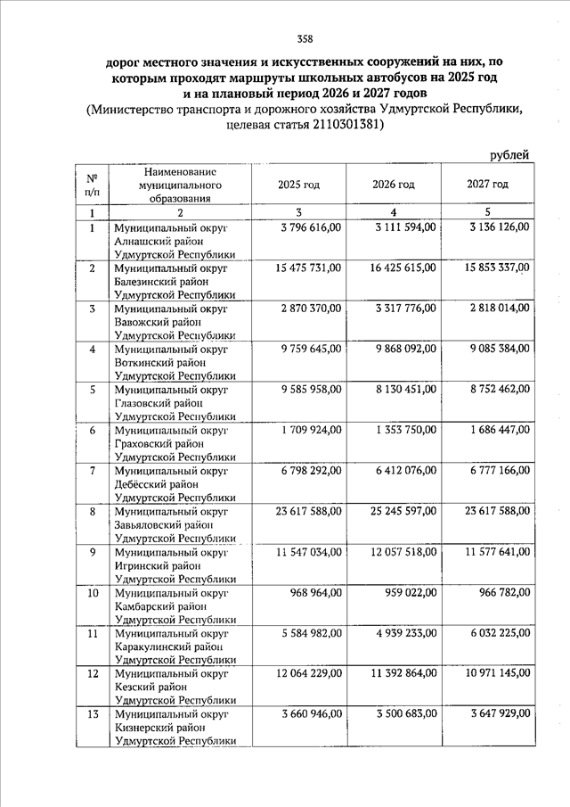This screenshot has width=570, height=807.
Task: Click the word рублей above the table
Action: tap(510, 155)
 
